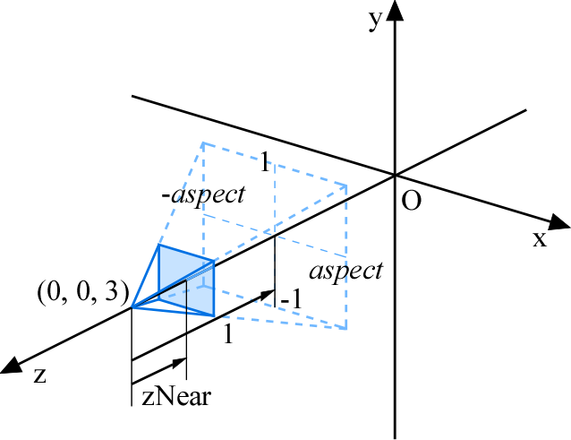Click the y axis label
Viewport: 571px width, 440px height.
point(376,21)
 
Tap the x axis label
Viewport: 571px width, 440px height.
point(540,239)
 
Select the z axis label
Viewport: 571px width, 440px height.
point(39,375)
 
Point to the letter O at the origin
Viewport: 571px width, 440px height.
point(411,200)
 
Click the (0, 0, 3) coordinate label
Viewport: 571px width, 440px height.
point(83,293)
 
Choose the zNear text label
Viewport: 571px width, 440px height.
point(176,397)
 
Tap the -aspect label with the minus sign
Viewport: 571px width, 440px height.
point(203,195)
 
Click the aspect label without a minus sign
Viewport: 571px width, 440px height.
point(346,272)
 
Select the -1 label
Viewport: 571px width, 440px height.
point(291,299)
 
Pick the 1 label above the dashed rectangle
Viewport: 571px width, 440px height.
point(265,161)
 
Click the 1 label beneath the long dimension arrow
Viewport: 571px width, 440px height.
point(228,334)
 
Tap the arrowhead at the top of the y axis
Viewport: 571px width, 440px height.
point(395,11)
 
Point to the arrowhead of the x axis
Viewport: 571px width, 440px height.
point(558,222)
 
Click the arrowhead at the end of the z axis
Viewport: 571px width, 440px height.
point(10,365)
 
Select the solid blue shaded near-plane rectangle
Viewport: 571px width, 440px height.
point(186,280)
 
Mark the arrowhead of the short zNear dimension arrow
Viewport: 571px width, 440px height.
point(180,363)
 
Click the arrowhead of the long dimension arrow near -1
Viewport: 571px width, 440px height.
point(268,294)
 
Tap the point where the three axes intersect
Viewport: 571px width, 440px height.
point(395,176)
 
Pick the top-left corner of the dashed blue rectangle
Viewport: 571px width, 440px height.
point(203,143)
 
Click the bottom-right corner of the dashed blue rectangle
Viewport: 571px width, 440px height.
point(345,329)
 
